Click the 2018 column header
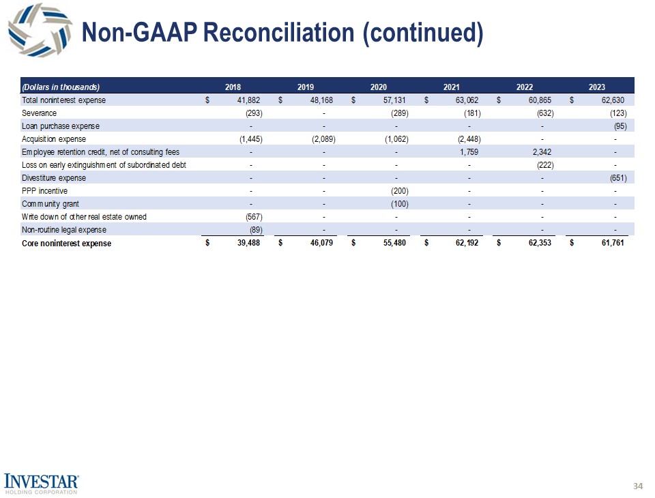[233, 87]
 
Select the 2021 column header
[450, 87]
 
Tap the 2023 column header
[594, 87]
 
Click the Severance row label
[40, 113]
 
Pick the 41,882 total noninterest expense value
[247, 100]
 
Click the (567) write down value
[254, 217]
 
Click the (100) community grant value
[399, 204]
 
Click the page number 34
[638, 486]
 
